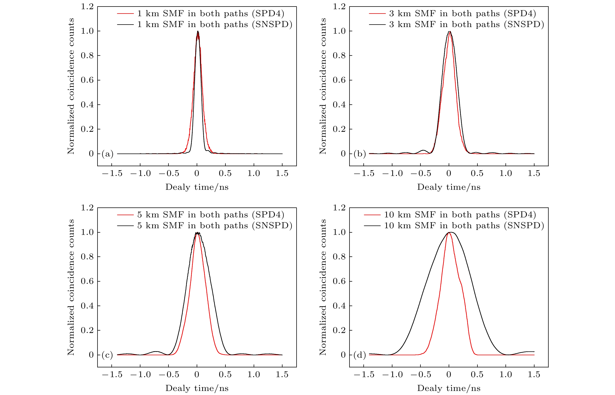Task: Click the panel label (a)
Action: click(107, 154)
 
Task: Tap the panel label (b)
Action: click(359, 154)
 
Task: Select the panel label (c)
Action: click(107, 355)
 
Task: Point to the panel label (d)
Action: click(359, 355)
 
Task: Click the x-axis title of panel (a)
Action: click(197, 187)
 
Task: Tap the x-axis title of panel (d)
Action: click(449, 388)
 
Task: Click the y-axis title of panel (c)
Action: click(71, 287)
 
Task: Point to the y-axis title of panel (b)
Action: click(323, 86)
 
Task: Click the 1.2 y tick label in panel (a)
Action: click(87, 7)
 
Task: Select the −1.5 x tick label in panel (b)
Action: click(364, 174)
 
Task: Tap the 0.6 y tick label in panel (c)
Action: click(87, 281)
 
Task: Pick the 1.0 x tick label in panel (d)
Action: click(506, 375)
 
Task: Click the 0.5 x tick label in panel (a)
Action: click(225, 174)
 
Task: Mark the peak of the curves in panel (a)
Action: click(197, 31)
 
